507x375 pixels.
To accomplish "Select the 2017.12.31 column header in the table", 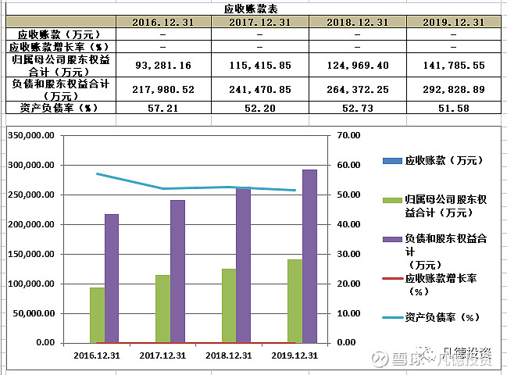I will click(x=260, y=22).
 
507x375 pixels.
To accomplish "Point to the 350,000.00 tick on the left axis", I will click(x=33, y=136).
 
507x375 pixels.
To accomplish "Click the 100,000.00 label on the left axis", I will click(x=33, y=284).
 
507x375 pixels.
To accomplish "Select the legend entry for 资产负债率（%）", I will click(x=442, y=317).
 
